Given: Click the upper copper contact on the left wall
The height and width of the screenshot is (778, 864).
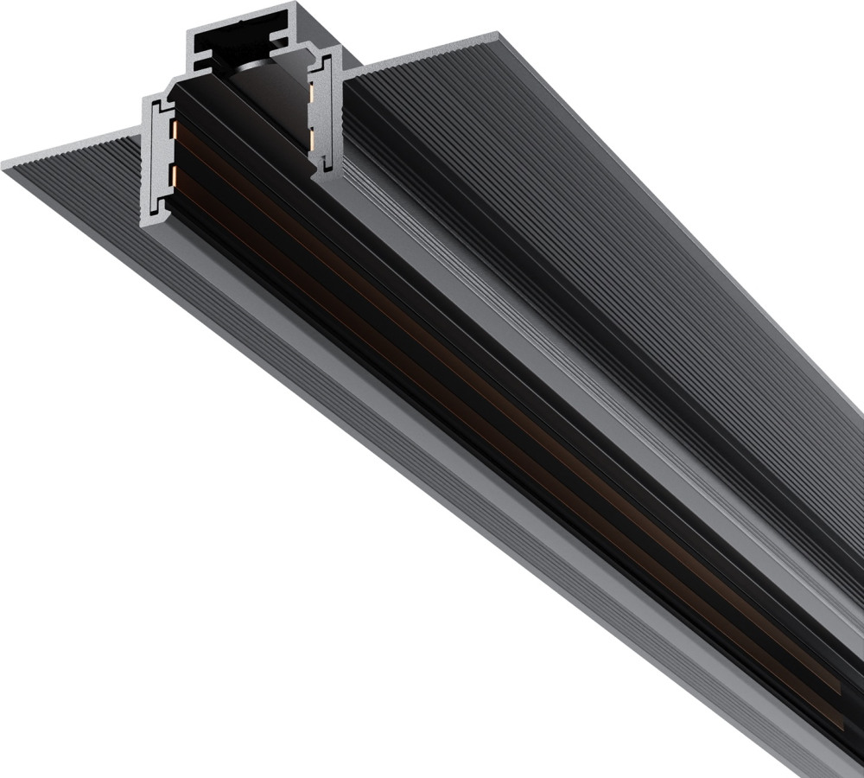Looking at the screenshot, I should click(174, 130).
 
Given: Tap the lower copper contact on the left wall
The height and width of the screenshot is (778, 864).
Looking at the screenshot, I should click(176, 177).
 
